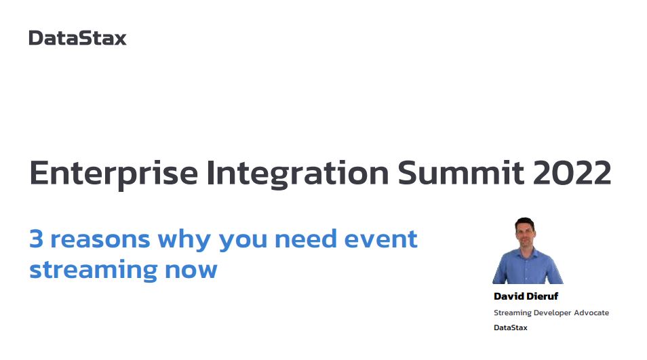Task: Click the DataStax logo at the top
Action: (x=77, y=39)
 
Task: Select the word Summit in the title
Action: (x=461, y=173)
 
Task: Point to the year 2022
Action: (x=572, y=173)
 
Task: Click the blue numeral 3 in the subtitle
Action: (x=37, y=239)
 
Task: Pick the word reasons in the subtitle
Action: (x=100, y=240)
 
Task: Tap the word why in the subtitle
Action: (x=184, y=240)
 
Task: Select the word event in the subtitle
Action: (x=381, y=239)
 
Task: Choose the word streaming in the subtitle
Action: (x=94, y=270)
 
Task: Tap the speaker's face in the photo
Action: (x=526, y=233)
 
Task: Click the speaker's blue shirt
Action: (x=527, y=267)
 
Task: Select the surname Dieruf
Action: (x=542, y=296)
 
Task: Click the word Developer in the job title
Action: (x=552, y=313)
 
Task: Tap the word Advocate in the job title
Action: (x=591, y=313)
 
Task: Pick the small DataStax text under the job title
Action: (x=511, y=327)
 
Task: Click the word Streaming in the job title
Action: (x=513, y=313)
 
